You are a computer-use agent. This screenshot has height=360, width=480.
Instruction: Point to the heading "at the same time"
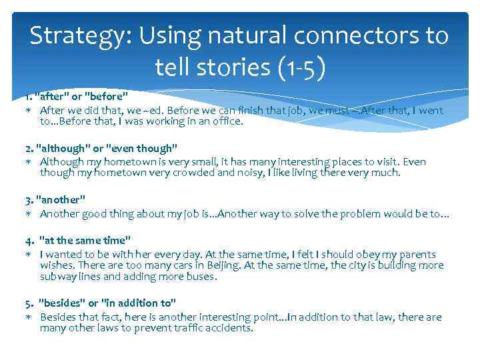85,240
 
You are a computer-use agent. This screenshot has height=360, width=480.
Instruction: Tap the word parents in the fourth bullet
417,254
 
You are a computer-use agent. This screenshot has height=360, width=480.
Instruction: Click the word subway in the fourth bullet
58,276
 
